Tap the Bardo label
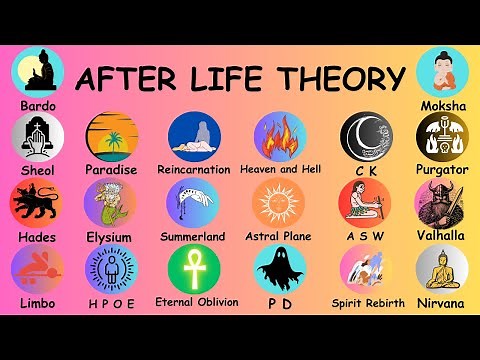[x=38, y=104]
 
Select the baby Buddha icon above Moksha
[x=441, y=70]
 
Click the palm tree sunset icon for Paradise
[x=110, y=136]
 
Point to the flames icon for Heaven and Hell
[x=279, y=136]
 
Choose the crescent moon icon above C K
[x=366, y=136]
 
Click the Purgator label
[x=441, y=170]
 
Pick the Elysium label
[x=110, y=237]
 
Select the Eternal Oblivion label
[x=196, y=301]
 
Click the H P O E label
[x=110, y=303]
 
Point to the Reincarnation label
[x=194, y=170]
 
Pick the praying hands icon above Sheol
[x=36, y=136]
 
